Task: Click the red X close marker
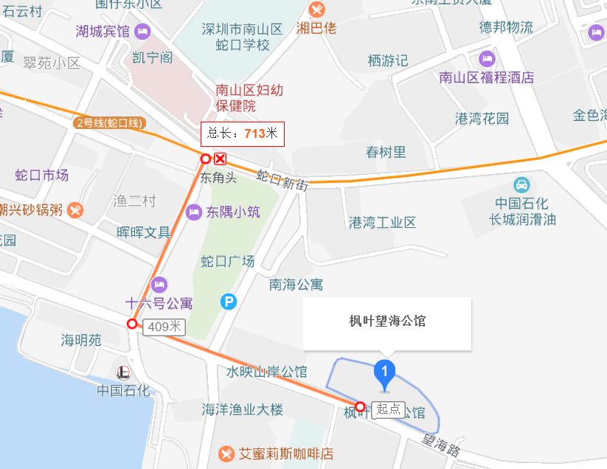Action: (220, 159)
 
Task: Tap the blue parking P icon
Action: (229, 301)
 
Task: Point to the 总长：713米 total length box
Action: (242, 133)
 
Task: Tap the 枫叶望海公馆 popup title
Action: (386, 321)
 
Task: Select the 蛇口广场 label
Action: (227, 261)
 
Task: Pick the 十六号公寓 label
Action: (159, 302)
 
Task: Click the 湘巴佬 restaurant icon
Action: (316, 10)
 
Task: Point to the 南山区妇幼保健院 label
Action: (249, 98)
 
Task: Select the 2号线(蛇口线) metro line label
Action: (109, 122)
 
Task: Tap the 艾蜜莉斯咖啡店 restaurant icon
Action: (227, 453)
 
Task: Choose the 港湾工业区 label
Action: (382, 222)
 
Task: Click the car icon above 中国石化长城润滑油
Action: (521, 184)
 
